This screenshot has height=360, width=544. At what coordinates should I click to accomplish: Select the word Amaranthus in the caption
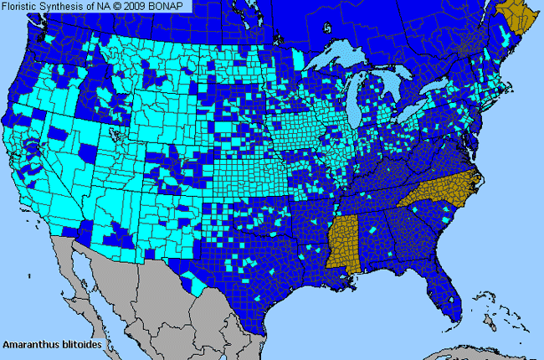pos(31,344)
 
